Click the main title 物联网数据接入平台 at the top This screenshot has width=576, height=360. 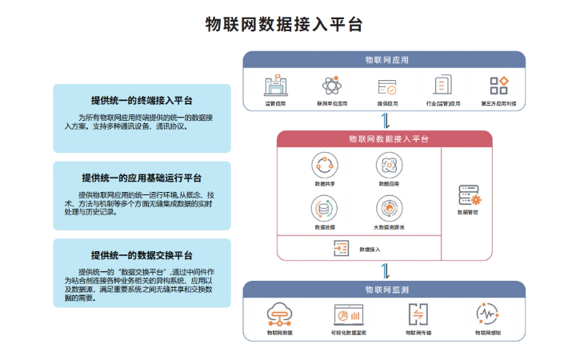[284, 24]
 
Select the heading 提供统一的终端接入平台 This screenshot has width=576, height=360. [142, 102]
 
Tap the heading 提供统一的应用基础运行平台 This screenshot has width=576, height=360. [142, 178]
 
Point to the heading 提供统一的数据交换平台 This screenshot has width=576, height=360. [142, 255]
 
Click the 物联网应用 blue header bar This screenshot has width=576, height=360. [385, 60]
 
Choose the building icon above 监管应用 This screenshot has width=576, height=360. [275, 86]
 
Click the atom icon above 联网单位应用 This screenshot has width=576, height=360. [331, 86]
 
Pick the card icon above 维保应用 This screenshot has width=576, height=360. [387, 86]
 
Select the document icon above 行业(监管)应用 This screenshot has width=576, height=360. [442, 86]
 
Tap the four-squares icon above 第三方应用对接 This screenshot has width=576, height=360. [499, 86]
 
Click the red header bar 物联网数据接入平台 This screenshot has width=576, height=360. [385, 139]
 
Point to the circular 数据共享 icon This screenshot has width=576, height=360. [324, 166]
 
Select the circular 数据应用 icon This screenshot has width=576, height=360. [389, 166]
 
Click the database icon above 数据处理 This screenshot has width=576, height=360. [324, 208]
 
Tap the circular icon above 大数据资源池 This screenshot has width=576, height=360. [389, 208]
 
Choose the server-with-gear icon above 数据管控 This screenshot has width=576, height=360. [469, 195]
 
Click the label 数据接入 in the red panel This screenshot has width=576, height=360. [370, 250]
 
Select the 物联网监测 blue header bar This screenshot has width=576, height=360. [385, 290]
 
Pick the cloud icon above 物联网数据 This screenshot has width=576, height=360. [280, 314]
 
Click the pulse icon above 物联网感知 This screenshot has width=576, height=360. [487, 314]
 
